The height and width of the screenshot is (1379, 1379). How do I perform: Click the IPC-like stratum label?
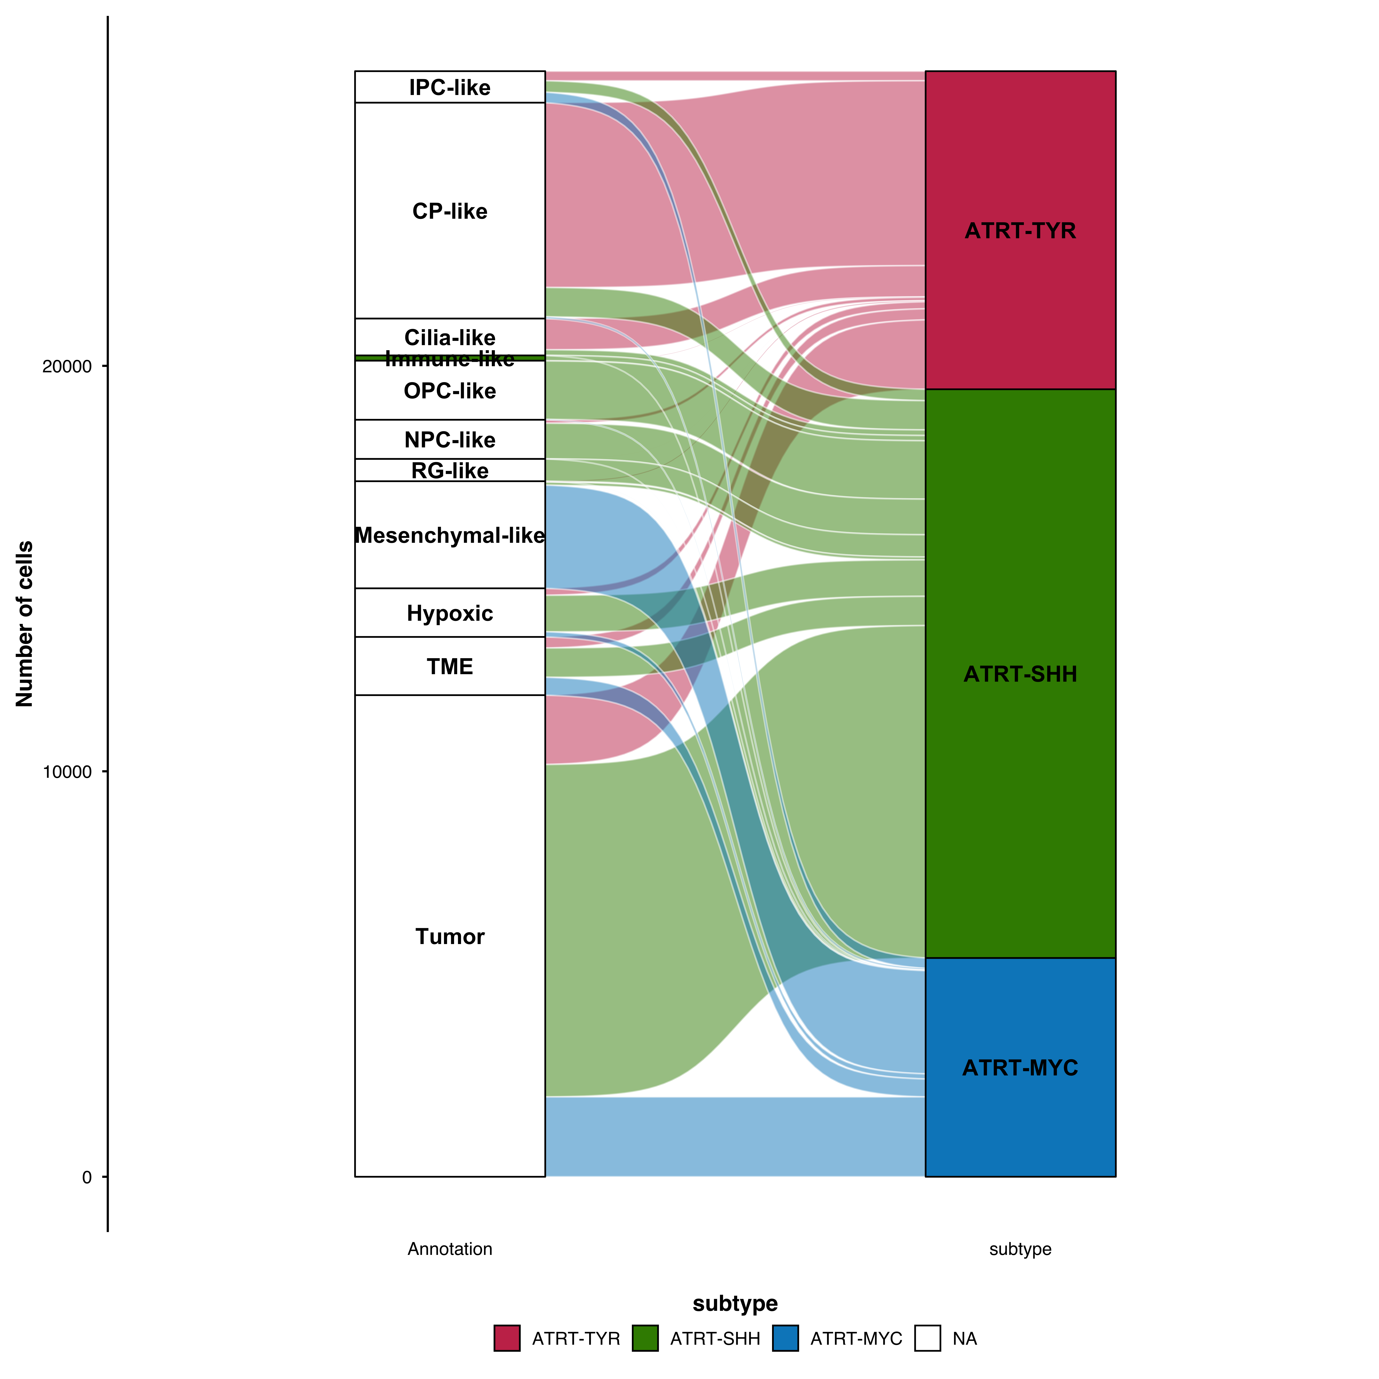pos(450,88)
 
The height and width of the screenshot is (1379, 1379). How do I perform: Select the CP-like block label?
pos(450,211)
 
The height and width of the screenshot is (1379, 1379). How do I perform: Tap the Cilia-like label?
pos(450,337)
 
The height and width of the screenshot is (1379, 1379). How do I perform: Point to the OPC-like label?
pos(450,391)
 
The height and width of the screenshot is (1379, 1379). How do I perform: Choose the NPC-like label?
pos(450,440)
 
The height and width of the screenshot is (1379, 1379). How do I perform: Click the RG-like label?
pos(450,470)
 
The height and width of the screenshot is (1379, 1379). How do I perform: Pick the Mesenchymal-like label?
pos(450,535)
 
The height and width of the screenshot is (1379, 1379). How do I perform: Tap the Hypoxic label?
pos(450,613)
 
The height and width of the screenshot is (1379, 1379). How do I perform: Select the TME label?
pos(450,667)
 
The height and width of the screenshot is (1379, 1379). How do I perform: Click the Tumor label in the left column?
pos(450,936)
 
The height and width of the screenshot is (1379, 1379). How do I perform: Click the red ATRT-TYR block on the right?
pos(1020,231)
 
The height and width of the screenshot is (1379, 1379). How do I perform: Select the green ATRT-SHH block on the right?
pos(1020,674)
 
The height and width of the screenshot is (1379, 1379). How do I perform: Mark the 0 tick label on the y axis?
pos(87,1177)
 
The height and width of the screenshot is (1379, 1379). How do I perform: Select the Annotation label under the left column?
pos(450,1248)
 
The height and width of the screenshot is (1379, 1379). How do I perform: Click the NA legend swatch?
pos(927,1338)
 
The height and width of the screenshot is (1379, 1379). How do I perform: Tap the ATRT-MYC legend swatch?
pos(785,1338)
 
